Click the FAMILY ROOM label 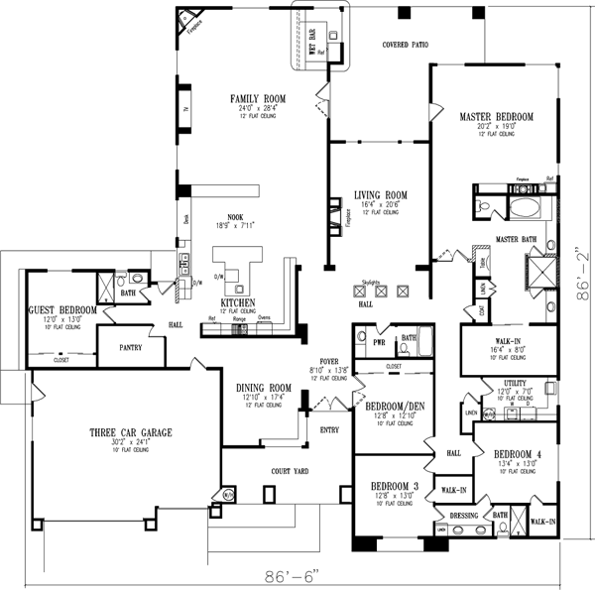258,99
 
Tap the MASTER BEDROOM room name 496,117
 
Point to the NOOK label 235,216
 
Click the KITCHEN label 239,302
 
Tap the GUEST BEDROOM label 62,310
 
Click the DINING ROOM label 263,388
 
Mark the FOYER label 329,361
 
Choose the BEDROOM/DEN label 395,407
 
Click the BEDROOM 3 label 396,487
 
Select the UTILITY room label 514,382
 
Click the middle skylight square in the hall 380,292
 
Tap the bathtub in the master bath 524,209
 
